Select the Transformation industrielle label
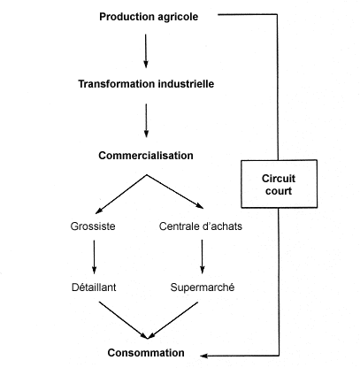[146, 86]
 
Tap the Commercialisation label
[146, 156]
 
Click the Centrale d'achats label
[203, 226]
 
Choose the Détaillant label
[94, 287]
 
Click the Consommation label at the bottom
[146, 352]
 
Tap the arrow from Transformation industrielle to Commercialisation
[146, 120]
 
